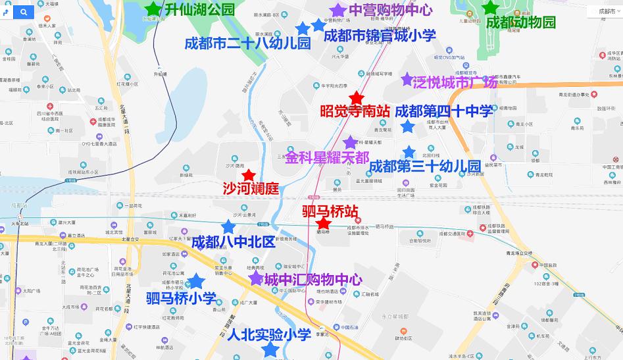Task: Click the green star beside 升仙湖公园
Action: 153,9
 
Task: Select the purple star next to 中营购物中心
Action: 337,10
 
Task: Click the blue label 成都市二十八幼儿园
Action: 247,43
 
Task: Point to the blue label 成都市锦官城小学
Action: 380,35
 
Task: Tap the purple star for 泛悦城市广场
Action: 407,79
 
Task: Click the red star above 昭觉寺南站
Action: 356,97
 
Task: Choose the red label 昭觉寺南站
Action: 354,111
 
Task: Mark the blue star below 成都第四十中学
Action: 407,126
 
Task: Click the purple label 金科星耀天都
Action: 327,158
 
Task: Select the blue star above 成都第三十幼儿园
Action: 409,152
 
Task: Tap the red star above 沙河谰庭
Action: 248,175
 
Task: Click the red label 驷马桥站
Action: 330,211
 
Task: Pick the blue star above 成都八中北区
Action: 228,226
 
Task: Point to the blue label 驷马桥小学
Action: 181,299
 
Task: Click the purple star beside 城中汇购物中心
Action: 256,279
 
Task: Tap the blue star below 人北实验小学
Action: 269,349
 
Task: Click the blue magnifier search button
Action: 23,12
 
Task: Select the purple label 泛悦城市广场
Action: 455,83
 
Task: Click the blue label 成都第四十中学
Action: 445,111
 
